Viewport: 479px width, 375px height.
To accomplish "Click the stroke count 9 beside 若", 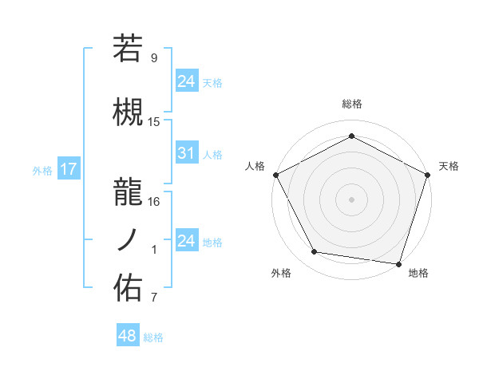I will (154, 58).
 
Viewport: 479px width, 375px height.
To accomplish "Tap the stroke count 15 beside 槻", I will (154, 121).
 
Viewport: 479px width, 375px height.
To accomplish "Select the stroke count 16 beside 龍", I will (154, 201).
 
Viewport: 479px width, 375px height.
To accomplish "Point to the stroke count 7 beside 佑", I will (154, 298).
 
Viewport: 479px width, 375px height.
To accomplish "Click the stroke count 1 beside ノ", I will (154, 250).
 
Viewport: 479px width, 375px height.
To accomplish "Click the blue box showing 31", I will (187, 154).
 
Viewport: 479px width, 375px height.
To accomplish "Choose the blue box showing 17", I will (68, 170).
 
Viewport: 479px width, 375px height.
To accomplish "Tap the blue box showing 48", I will (128, 337).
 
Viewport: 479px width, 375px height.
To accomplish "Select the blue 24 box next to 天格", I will (187, 81).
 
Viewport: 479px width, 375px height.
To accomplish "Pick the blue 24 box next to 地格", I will (187, 241).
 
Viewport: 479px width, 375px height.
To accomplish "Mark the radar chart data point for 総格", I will (351, 136).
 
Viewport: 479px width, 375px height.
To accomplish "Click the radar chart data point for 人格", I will (275, 175).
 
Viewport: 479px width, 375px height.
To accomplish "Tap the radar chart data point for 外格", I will (315, 252).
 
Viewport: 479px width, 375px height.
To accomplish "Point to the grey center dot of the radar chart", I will (351, 199).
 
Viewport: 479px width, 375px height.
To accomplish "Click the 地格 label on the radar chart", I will (418, 273).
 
